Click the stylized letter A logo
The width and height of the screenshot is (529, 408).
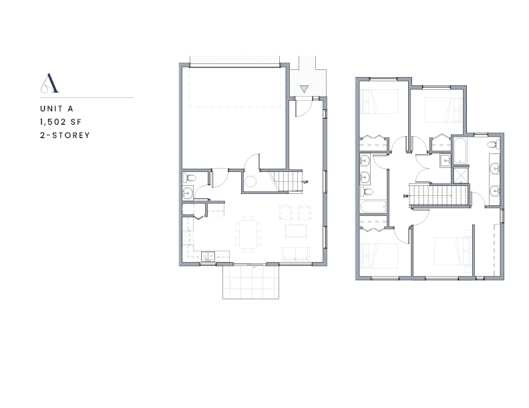(x=49, y=83)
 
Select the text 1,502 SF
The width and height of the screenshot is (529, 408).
(x=61, y=122)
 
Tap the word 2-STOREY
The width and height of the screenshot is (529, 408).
(x=65, y=135)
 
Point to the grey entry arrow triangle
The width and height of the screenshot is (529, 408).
(x=304, y=89)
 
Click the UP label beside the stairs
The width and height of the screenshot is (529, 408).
(x=306, y=182)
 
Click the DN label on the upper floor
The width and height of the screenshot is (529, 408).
(x=405, y=196)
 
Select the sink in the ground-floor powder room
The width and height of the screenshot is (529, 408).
(x=188, y=193)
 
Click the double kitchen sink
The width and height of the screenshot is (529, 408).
(x=208, y=256)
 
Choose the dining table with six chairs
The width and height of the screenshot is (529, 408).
(x=248, y=234)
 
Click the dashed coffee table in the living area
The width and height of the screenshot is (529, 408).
(x=296, y=231)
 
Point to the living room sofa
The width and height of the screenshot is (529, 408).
(x=296, y=254)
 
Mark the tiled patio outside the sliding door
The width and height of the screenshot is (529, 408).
(x=250, y=282)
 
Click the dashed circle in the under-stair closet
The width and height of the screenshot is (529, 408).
(x=250, y=182)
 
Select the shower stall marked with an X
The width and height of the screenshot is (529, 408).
(x=460, y=175)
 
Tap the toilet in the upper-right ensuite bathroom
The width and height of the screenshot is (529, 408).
(x=494, y=145)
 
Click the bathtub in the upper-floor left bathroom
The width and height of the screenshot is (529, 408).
(x=373, y=207)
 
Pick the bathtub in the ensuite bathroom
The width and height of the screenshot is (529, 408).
(x=460, y=151)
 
